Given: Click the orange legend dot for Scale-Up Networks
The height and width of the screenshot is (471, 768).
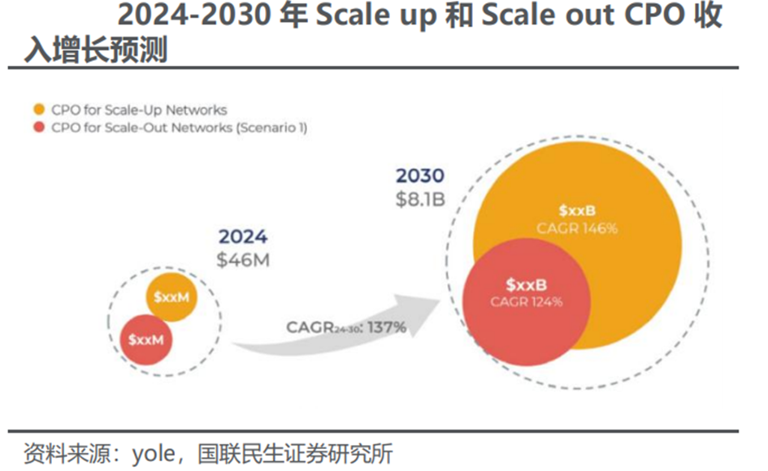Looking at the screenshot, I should [x=38, y=110].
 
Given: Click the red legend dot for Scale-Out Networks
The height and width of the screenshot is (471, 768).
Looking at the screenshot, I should [x=38, y=127].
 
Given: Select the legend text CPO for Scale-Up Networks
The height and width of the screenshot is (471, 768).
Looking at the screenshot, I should [x=139, y=110].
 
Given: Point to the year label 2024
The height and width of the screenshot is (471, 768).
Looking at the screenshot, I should [x=242, y=237].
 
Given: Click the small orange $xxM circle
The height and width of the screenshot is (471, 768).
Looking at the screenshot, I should [x=171, y=297].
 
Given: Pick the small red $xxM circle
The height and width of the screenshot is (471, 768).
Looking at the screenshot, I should [x=145, y=339].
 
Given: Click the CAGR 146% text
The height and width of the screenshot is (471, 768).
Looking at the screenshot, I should [x=577, y=228].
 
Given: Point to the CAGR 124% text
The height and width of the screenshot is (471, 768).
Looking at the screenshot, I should [x=527, y=301].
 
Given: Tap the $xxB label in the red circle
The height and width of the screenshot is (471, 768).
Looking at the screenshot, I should [x=527, y=285].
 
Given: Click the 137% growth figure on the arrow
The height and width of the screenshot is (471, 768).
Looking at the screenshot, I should [x=386, y=327].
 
